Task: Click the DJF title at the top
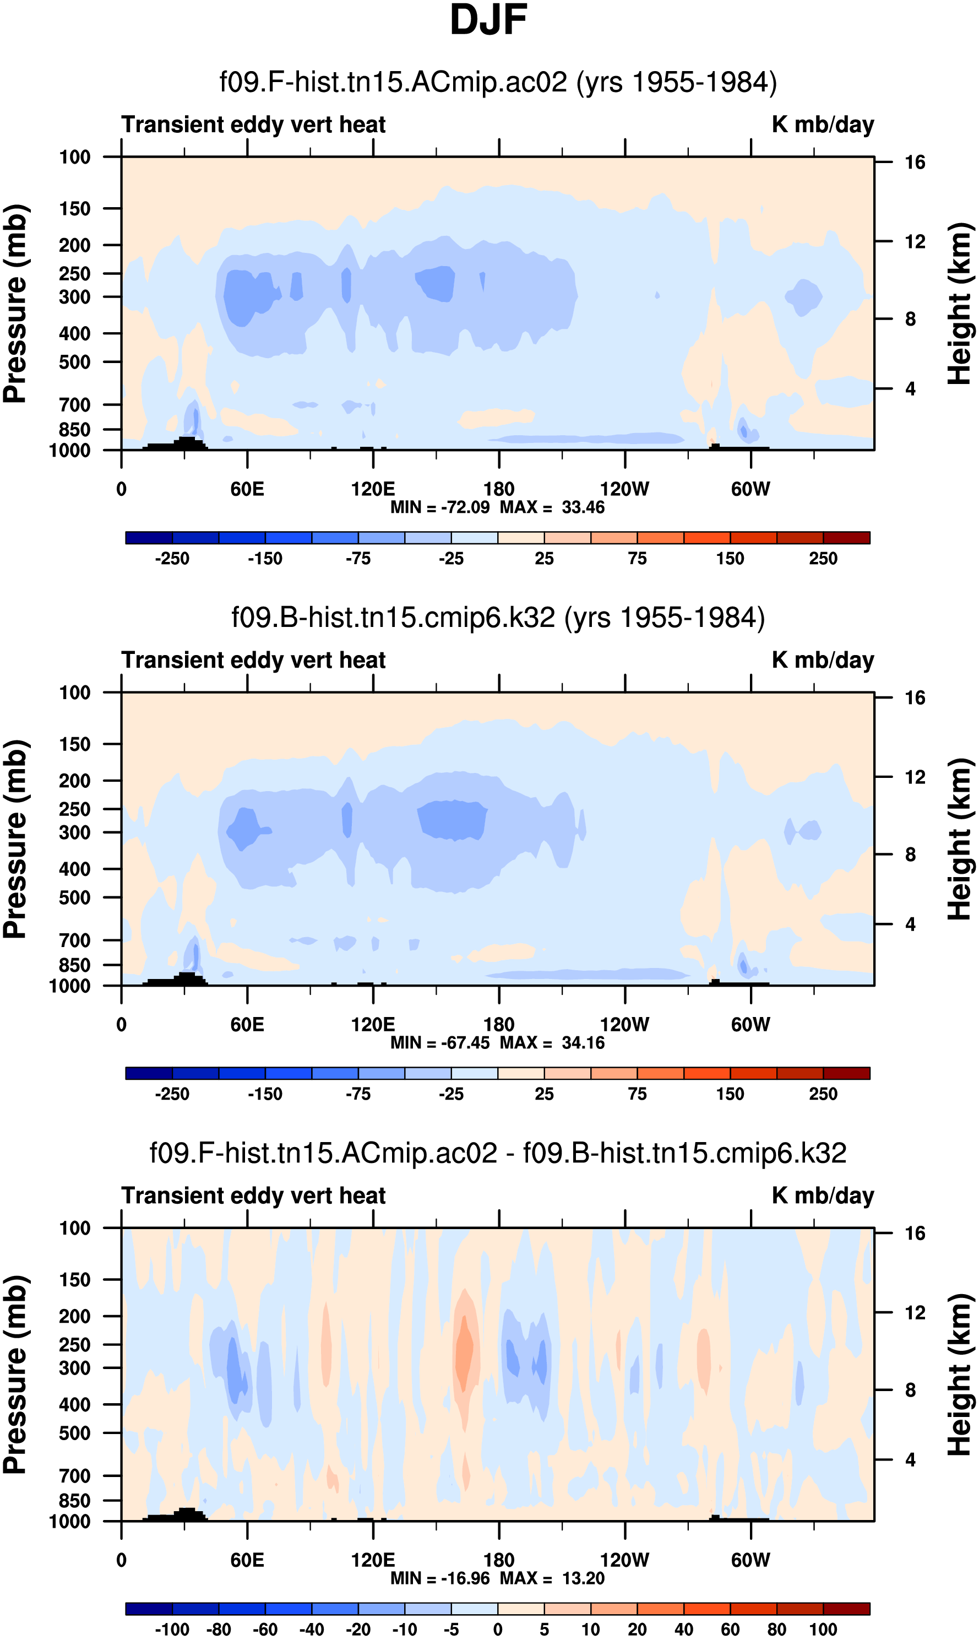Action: (x=488, y=20)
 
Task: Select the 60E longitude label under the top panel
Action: (x=247, y=489)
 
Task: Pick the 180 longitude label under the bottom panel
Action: (x=499, y=1560)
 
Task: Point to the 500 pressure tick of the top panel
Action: (x=74, y=363)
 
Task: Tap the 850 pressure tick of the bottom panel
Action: (x=74, y=1500)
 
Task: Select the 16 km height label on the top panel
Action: (x=915, y=163)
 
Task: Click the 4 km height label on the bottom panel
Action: (x=910, y=1459)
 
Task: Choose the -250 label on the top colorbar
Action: (x=172, y=559)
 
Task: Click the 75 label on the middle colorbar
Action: (x=637, y=1095)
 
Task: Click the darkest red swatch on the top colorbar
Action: (x=846, y=538)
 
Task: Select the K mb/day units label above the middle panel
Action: (x=823, y=660)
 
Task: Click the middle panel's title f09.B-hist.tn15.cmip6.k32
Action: (x=498, y=618)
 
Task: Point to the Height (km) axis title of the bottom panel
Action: (x=960, y=1375)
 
